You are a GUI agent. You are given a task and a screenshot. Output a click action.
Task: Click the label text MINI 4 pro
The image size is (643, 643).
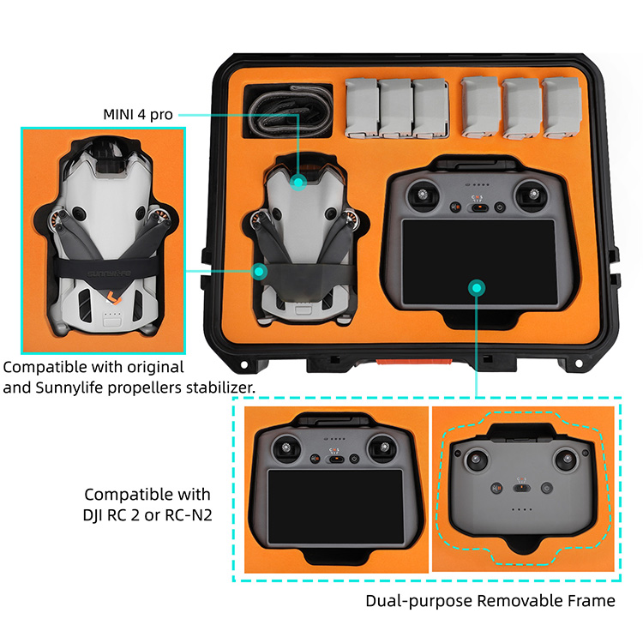pyautogui.click(x=138, y=114)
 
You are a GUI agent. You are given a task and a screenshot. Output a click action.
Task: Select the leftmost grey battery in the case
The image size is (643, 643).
pyautogui.click(x=361, y=108)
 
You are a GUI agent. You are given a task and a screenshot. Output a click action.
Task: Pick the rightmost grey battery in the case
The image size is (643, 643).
pyautogui.click(x=562, y=108)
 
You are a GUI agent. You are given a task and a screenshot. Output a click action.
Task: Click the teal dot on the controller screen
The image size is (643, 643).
pyautogui.click(x=477, y=288)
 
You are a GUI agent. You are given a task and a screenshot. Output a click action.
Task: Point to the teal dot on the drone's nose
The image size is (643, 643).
pyautogui.click(x=298, y=181)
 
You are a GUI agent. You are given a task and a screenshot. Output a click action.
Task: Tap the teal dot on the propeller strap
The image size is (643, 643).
pyautogui.click(x=259, y=271)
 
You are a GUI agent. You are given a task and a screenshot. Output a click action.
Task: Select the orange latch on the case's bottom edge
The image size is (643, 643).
pyautogui.click(x=414, y=362)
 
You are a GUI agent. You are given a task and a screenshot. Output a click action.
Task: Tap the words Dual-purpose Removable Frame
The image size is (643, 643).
pyautogui.click(x=490, y=601)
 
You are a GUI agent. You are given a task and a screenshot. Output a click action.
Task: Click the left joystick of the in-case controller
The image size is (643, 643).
pyautogui.click(x=423, y=194)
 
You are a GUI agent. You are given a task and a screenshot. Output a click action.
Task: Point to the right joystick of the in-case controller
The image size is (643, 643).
pyautogui.click(x=533, y=194)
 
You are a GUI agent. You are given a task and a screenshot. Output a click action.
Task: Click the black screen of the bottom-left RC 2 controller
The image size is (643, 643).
pyautogui.click(x=336, y=507)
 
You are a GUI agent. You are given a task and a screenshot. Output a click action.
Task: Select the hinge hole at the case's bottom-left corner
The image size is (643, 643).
pyautogui.click(x=243, y=364)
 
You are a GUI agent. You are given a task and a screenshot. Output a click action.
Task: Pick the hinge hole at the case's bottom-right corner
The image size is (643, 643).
pyautogui.click(x=579, y=364)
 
